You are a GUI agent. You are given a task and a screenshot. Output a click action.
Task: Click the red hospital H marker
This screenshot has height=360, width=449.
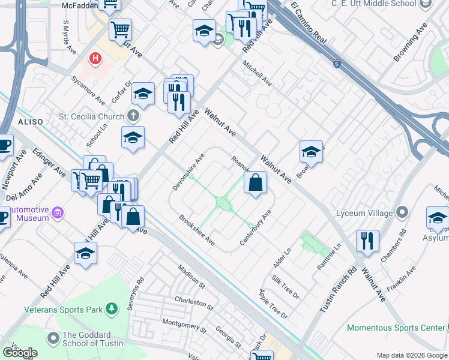click(94, 59)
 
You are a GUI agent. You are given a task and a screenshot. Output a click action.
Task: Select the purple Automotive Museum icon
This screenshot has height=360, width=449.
click(58, 212)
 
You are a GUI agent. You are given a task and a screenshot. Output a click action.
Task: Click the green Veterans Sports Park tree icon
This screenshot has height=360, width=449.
click(110, 309)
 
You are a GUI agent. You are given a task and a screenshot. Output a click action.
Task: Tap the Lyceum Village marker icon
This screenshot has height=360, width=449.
click(402, 212)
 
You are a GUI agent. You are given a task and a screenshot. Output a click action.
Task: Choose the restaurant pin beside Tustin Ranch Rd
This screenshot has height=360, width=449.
click(367, 240)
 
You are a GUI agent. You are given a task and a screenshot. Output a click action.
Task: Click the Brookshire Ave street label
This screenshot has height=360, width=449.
click(197, 230)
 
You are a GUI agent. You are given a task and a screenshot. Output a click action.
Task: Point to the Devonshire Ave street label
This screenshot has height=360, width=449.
click(189, 172)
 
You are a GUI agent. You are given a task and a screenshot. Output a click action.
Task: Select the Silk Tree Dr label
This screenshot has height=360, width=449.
click(285, 286)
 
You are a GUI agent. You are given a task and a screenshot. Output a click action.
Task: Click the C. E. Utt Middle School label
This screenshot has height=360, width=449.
click(373, 4)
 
